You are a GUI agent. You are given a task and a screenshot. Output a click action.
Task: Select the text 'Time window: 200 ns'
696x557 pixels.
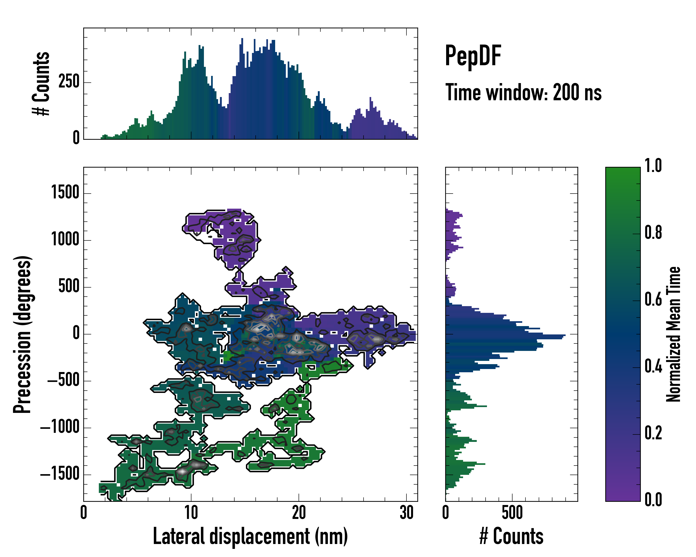pos(523,93)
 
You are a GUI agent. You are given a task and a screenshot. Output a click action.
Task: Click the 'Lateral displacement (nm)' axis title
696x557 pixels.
pos(250,536)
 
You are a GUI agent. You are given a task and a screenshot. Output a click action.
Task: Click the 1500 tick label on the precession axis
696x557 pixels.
pos(65,193)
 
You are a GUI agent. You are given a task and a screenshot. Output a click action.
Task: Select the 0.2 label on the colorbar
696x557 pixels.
pos(653,433)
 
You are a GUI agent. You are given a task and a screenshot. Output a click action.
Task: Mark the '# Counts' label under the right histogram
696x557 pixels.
pos(511,536)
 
